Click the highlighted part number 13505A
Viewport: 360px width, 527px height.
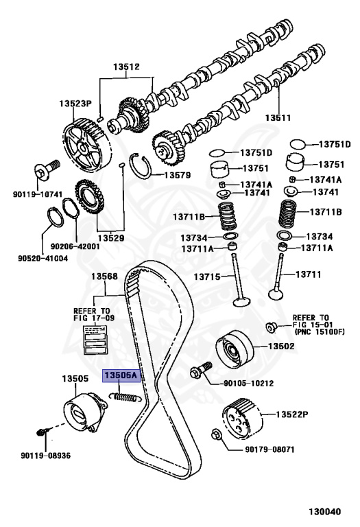[121, 375]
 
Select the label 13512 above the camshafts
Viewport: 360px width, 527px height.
[126, 67]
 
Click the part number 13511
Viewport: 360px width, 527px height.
[278, 117]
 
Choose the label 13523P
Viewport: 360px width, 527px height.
[75, 104]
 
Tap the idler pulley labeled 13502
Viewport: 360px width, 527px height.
[235, 350]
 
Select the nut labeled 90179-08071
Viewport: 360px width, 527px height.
[216, 434]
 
